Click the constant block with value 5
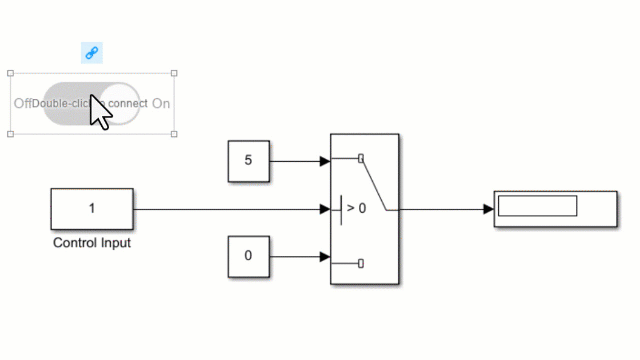[249, 161]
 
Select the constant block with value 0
[249, 256]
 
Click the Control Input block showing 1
[92, 209]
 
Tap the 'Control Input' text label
[91, 243]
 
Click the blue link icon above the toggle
[91, 53]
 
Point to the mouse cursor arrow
[99, 110]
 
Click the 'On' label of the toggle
[161, 103]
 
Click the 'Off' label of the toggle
[22, 103]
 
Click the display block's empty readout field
[537, 206]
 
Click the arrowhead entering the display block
[488, 209]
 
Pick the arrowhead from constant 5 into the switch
[324, 161]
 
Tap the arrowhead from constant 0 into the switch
[324, 257]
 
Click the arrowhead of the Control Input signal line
[324, 209]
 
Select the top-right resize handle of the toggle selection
[175, 73]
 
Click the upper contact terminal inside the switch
[361, 157]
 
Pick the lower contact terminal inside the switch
[361, 263]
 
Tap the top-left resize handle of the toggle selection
[11, 73]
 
